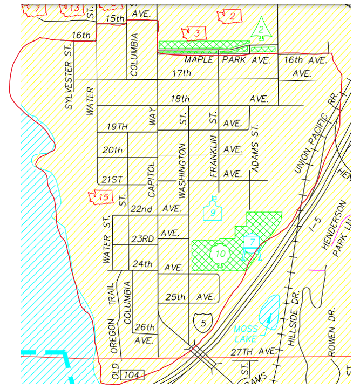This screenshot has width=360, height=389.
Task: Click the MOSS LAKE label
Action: [246, 334]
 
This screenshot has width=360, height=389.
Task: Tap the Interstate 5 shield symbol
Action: [203, 323]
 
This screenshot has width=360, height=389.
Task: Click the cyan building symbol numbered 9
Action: [213, 210]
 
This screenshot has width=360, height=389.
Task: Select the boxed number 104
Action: [133, 374]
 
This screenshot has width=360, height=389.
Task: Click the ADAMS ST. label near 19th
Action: [255, 148]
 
